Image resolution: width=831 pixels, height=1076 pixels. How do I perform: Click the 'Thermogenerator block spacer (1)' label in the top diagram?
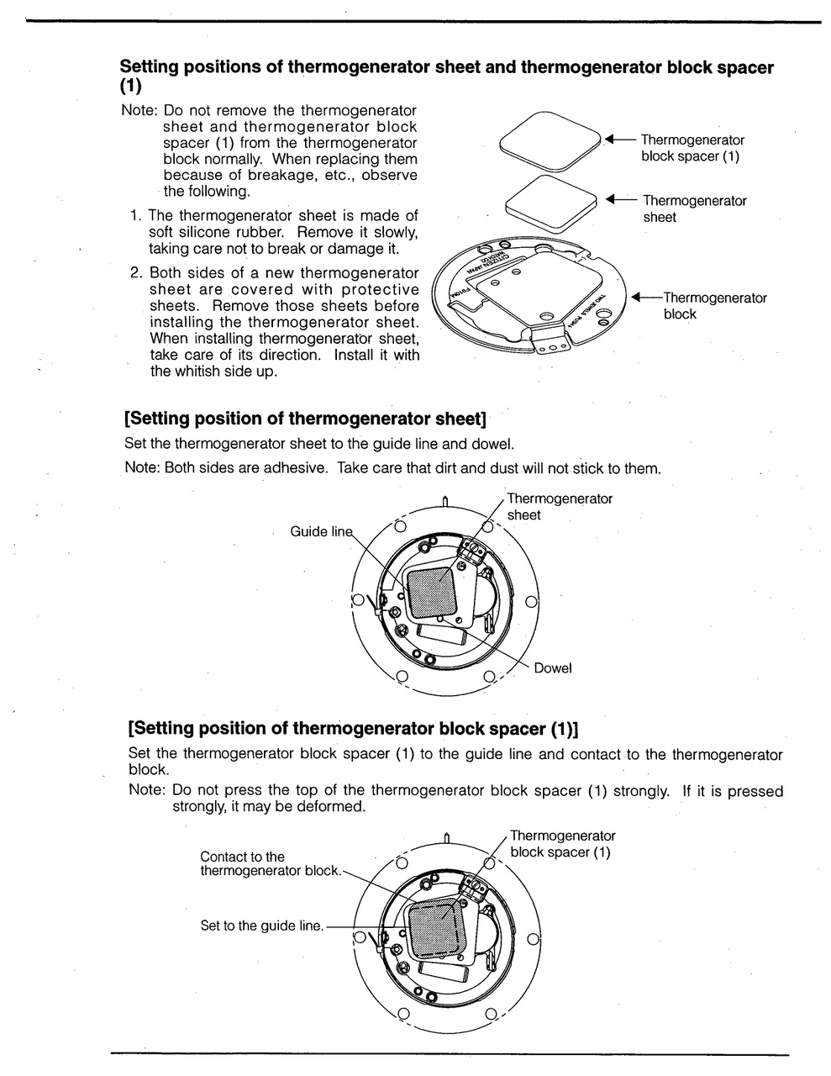[x=692, y=148]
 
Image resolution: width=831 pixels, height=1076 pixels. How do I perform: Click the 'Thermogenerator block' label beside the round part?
[x=714, y=306]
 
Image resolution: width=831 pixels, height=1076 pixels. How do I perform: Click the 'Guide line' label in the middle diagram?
[x=322, y=532]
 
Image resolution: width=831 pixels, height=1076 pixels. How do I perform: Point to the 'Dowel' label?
[x=553, y=668]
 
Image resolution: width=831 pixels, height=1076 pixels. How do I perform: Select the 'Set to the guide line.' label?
[x=261, y=926]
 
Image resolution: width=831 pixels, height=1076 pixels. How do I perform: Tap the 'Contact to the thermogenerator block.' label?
[x=270, y=864]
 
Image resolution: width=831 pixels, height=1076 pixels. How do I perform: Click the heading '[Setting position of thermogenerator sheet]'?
[x=305, y=418]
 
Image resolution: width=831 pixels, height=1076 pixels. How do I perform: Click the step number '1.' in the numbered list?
[x=136, y=216]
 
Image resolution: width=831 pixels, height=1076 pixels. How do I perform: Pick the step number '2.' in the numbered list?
[x=137, y=273]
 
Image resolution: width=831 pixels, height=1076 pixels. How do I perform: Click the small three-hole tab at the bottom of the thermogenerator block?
[x=551, y=346]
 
